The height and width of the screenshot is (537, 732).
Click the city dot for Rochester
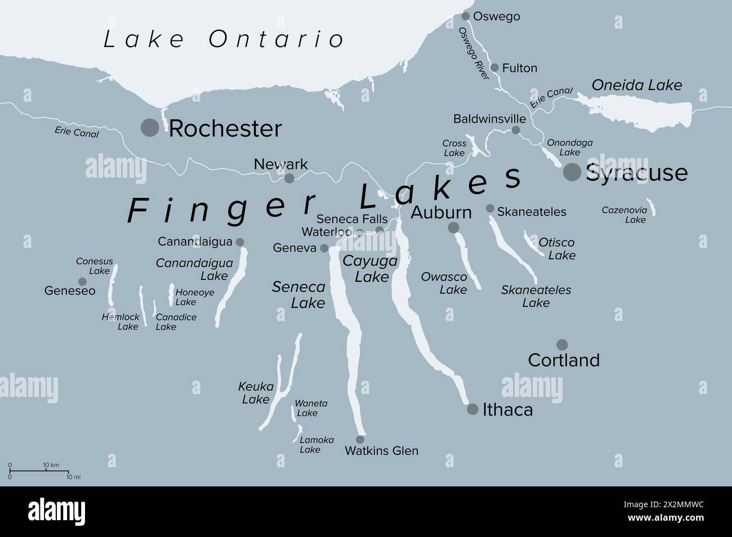coord(150,128)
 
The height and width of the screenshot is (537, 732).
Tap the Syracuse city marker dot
coord(572,172)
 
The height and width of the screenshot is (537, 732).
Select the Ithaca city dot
coord(473,409)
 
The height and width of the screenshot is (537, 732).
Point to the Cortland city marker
coord(562,345)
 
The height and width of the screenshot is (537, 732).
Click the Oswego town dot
coord(466,16)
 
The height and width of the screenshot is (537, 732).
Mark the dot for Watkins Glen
coord(360,440)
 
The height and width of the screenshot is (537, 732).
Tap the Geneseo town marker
coord(82,281)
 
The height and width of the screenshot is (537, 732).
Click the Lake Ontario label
coord(224,39)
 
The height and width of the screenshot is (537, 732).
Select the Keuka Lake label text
coord(256,393)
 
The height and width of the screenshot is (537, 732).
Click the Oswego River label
coord(474,54)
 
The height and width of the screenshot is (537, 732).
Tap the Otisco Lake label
coord(557,249)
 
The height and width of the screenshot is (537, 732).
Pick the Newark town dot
coord(289,178)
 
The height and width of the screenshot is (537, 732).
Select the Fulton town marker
coord(494,67)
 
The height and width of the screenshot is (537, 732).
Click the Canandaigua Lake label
coord(194,269)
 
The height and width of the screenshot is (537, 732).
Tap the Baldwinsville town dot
coord(516,130)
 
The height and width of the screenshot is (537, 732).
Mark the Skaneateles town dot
coord(490,209)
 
